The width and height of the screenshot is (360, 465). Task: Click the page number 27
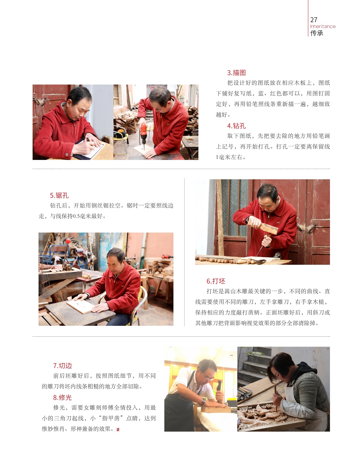[314, 20]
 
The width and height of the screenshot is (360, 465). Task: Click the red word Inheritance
[323, 26]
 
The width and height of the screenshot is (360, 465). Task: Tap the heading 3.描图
[236, 73]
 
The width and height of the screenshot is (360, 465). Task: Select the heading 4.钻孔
[236, 126]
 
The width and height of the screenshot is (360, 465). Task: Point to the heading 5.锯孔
[59, 195]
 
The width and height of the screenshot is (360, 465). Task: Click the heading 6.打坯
[216, 281]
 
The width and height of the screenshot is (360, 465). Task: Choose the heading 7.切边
[62, 366]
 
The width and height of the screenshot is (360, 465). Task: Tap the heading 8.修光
[62, 397]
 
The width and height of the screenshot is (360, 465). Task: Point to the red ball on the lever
[68, 241]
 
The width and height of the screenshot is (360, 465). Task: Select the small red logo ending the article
[118, 429]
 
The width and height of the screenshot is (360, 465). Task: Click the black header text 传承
[317, 33]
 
